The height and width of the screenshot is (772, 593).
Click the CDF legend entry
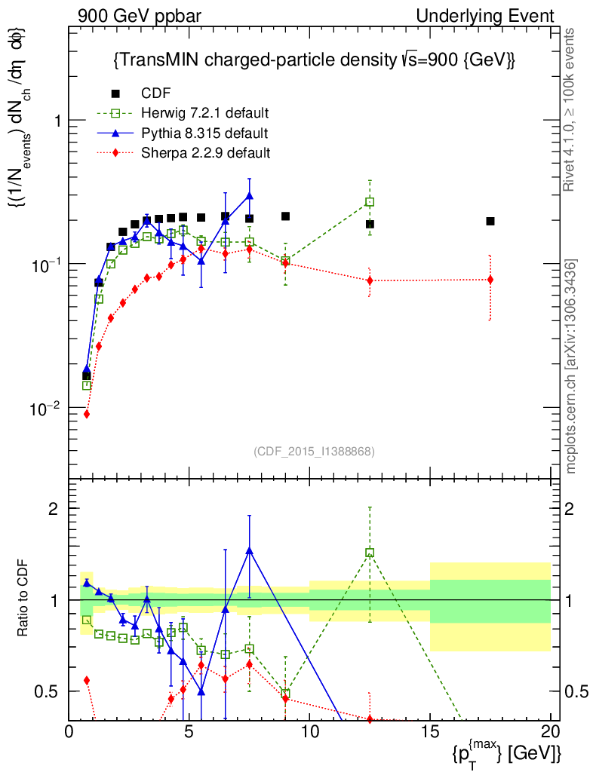click(x=156, y=93)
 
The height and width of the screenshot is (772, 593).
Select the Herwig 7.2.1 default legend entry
click(x=204, y=114)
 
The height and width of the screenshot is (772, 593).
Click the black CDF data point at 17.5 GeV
click(x=490, y=221)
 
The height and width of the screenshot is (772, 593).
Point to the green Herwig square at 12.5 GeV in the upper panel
click(x=370, y=202)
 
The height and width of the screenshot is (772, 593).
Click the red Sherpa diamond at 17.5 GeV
click(x=490, y=280)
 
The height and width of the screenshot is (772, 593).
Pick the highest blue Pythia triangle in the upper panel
click(x=249, y=196)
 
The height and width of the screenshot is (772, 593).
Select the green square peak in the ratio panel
click(x=370, y=553)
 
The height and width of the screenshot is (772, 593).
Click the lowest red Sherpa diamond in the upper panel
click(x=87, y=414)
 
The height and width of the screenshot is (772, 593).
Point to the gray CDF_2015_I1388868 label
click(x=314, y=452)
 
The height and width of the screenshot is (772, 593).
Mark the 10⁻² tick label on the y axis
click(x=50, y=408)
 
